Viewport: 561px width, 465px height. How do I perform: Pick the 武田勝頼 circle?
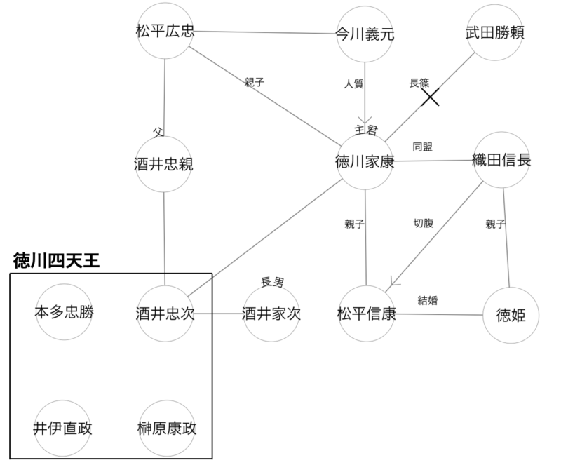(x=495, y=32)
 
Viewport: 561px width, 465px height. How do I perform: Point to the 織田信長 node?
(x=501, y=161)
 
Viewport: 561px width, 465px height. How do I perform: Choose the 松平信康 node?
(x=366, y=314)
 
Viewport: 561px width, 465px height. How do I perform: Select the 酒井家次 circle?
(x=271, y=314)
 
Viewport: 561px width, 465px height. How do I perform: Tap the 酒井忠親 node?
(x=163, y=164)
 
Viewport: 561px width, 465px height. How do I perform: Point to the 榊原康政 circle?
(x=166, y=428)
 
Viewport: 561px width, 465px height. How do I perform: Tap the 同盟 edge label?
(x=422, y=147)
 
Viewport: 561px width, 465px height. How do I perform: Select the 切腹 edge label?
(x=424, y=224)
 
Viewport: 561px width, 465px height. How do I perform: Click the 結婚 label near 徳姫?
(x=428, y=301)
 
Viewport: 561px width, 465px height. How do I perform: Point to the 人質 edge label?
(x=353, y=84)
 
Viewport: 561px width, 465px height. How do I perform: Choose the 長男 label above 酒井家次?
(x=272, y=283)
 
